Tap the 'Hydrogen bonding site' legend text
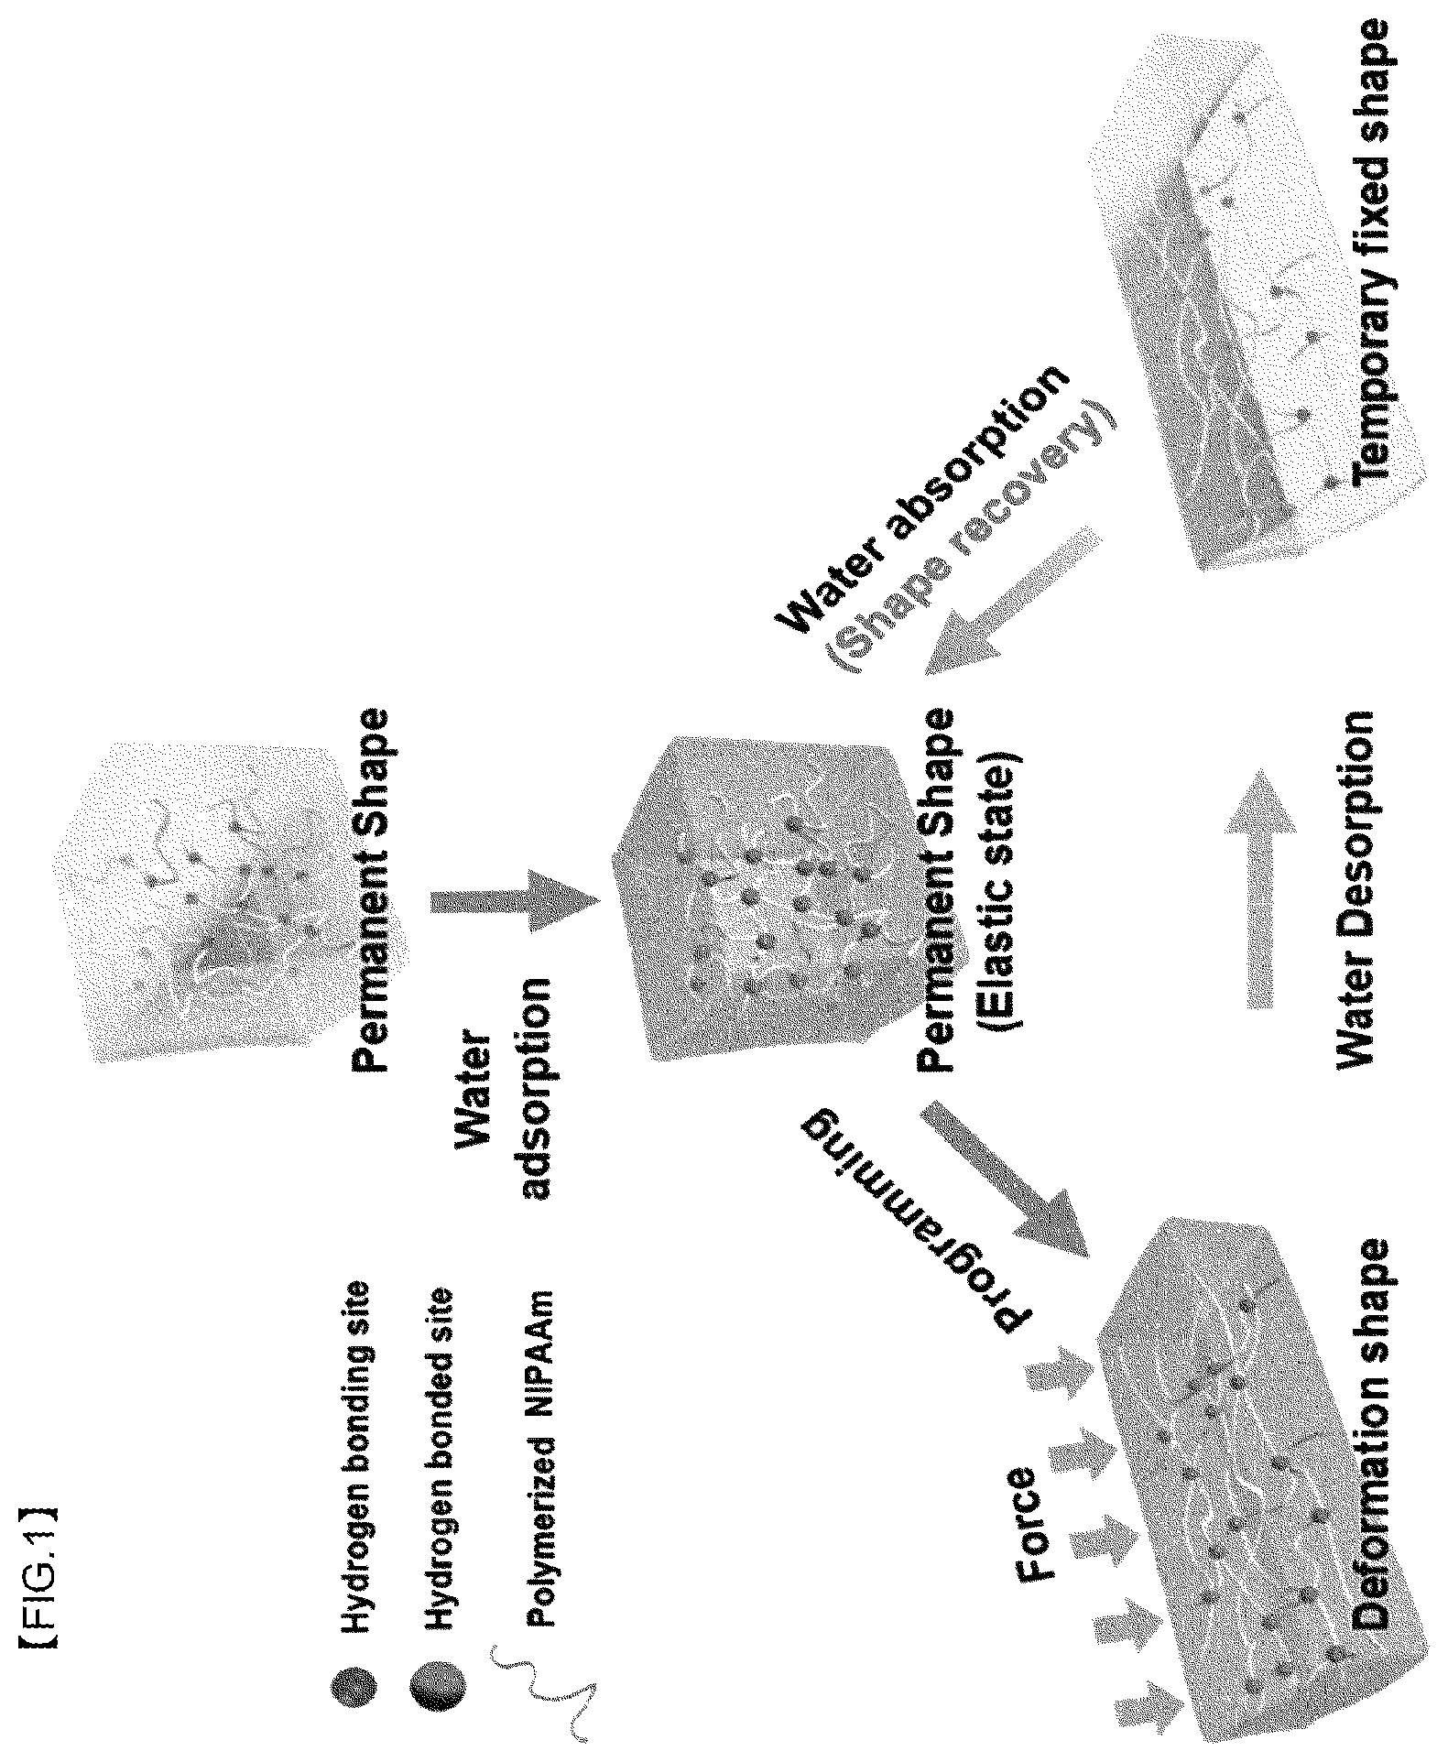pos(354,1425)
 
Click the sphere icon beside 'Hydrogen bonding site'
pos(354,1682)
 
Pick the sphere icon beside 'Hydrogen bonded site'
pos(439,1682)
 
